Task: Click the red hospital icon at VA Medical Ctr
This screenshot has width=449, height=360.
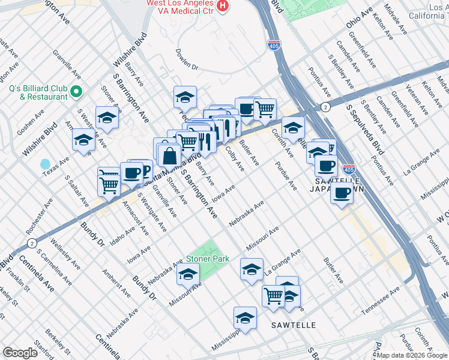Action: click(223, 5)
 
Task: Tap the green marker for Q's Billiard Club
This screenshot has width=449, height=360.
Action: click(76, 92)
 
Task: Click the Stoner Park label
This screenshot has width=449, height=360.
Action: click(208, 259)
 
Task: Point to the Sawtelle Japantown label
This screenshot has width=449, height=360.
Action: click(337, 184)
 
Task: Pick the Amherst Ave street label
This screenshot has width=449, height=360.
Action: click(116, 283)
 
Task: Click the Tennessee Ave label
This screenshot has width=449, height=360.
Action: click(381, 300)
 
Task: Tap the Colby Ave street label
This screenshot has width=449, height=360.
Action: click(234, 157)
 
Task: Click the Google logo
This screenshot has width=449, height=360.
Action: click(20, 353)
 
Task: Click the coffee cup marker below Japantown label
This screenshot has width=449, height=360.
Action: click(342, 193)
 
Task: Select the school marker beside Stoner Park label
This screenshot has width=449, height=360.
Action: click(188, 274)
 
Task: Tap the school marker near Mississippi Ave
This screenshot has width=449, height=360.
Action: click(245, 318)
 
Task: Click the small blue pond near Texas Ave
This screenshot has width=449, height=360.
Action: click(45, 164)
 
